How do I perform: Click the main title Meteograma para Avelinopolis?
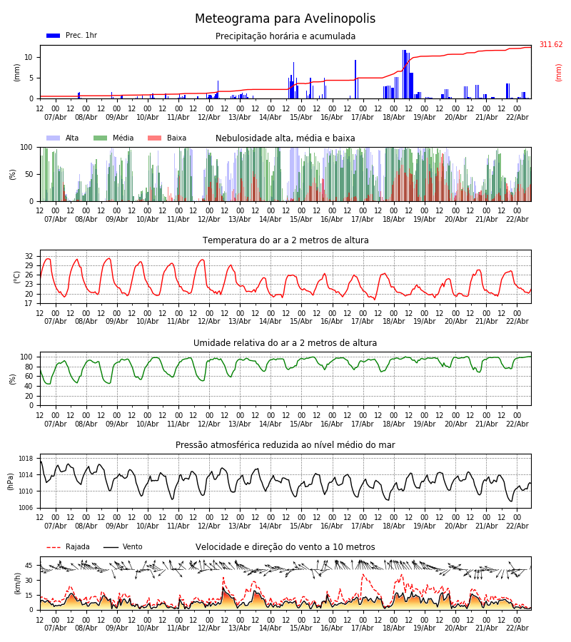coord(285,19)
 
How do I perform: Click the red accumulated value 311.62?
coord(550,45)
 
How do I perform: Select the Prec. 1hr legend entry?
coord(71,36)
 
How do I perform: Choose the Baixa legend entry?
coord(166,138)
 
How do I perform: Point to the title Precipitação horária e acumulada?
coord(285,36)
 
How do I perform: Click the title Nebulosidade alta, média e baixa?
coord(285,138)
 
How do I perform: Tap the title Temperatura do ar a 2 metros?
coord(285,240)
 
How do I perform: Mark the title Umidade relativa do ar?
coord(285,343)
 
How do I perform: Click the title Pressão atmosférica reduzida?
coord(285,445)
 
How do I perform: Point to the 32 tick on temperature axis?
coord(29,256)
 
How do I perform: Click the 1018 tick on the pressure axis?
coord(26,459)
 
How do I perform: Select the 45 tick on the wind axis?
coord(29,566)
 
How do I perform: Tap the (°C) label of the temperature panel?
coord(18,276)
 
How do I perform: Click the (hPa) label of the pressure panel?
coord(11,481)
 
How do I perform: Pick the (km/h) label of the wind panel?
coord(18,583)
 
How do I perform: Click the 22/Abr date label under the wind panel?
coord(517,628)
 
